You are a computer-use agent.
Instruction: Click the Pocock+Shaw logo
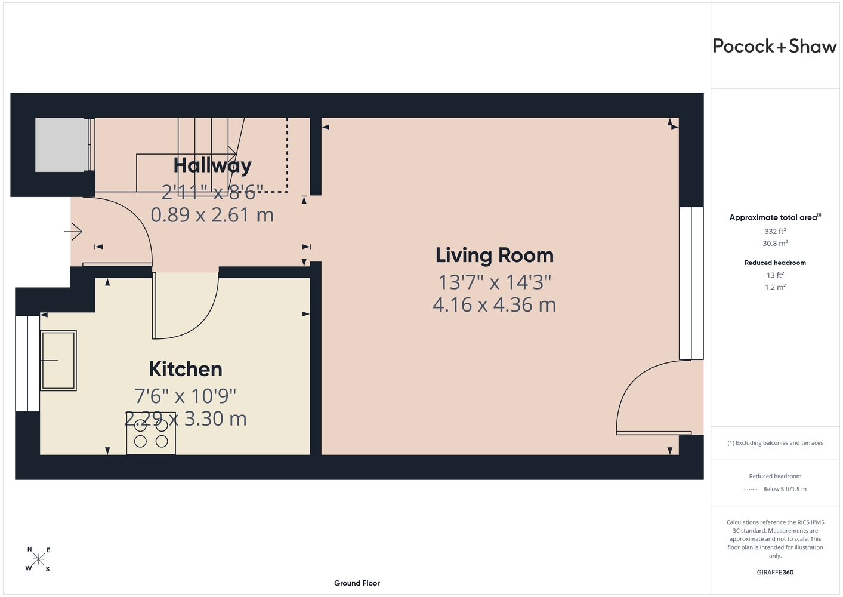tap(774, 47)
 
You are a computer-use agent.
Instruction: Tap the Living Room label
tap(495, 256)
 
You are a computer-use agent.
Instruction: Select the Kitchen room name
tap(186, 369)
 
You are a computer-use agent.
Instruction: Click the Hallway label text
tap(212, 166)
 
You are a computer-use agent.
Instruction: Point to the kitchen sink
tap(58, 361)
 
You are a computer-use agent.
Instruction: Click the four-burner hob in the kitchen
tap(151, 433)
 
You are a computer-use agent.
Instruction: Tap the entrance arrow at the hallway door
tap(73, 231)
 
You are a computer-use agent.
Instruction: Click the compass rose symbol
tap(38, 559)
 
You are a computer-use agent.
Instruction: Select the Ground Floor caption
tap(357, 583)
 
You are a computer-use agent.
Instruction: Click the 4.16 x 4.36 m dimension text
tap(494, 304)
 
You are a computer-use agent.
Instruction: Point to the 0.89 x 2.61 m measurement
tap(212, 215)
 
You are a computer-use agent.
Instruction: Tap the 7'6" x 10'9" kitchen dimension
tap(185, 396)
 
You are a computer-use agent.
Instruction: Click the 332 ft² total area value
tap(775, 231)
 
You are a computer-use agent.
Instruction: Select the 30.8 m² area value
tap(775, 244)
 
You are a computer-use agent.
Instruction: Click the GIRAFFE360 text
tap(775, 572)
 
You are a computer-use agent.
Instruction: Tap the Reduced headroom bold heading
tap(775, 263)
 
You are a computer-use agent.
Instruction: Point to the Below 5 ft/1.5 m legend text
tap(785, 489)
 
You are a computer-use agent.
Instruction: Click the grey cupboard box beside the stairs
tap(60, 145)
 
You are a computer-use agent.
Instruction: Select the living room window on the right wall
tap(691, 283)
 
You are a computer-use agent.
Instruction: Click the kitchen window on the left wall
tap(27, 364)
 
